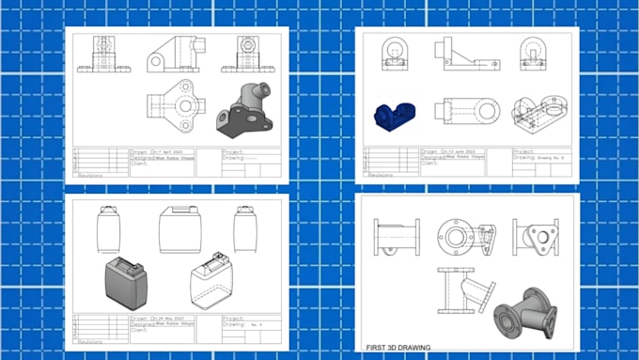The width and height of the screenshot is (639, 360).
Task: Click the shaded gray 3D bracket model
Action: [x=245, y=109]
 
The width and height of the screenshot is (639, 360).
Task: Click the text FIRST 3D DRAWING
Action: [x=397, y=347]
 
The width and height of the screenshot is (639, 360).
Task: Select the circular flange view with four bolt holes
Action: [x=458, y=236]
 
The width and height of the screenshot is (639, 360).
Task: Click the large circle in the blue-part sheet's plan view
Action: [x=486, y=111]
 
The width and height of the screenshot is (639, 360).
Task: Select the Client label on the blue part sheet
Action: [x=431, y=164]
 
